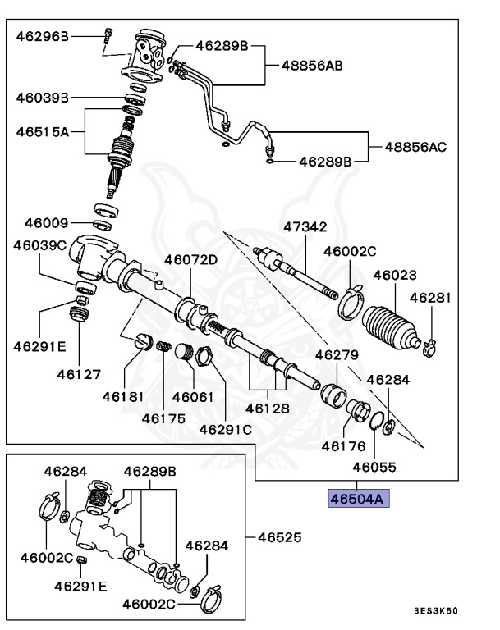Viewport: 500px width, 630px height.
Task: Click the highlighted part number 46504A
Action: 357,498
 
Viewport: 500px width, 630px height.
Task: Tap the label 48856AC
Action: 415,147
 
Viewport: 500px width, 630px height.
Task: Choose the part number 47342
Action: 305,226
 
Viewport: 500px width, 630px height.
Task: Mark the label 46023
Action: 395,276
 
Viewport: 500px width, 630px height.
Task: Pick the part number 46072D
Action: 190,260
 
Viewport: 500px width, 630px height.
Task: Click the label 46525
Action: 279,538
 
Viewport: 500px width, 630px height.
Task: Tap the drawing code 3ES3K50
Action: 435,611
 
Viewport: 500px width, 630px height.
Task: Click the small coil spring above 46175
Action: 163,349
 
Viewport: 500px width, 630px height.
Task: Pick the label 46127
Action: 79,374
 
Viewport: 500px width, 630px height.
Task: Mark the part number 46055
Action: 374,467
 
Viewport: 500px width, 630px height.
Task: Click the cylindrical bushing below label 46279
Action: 332,392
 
